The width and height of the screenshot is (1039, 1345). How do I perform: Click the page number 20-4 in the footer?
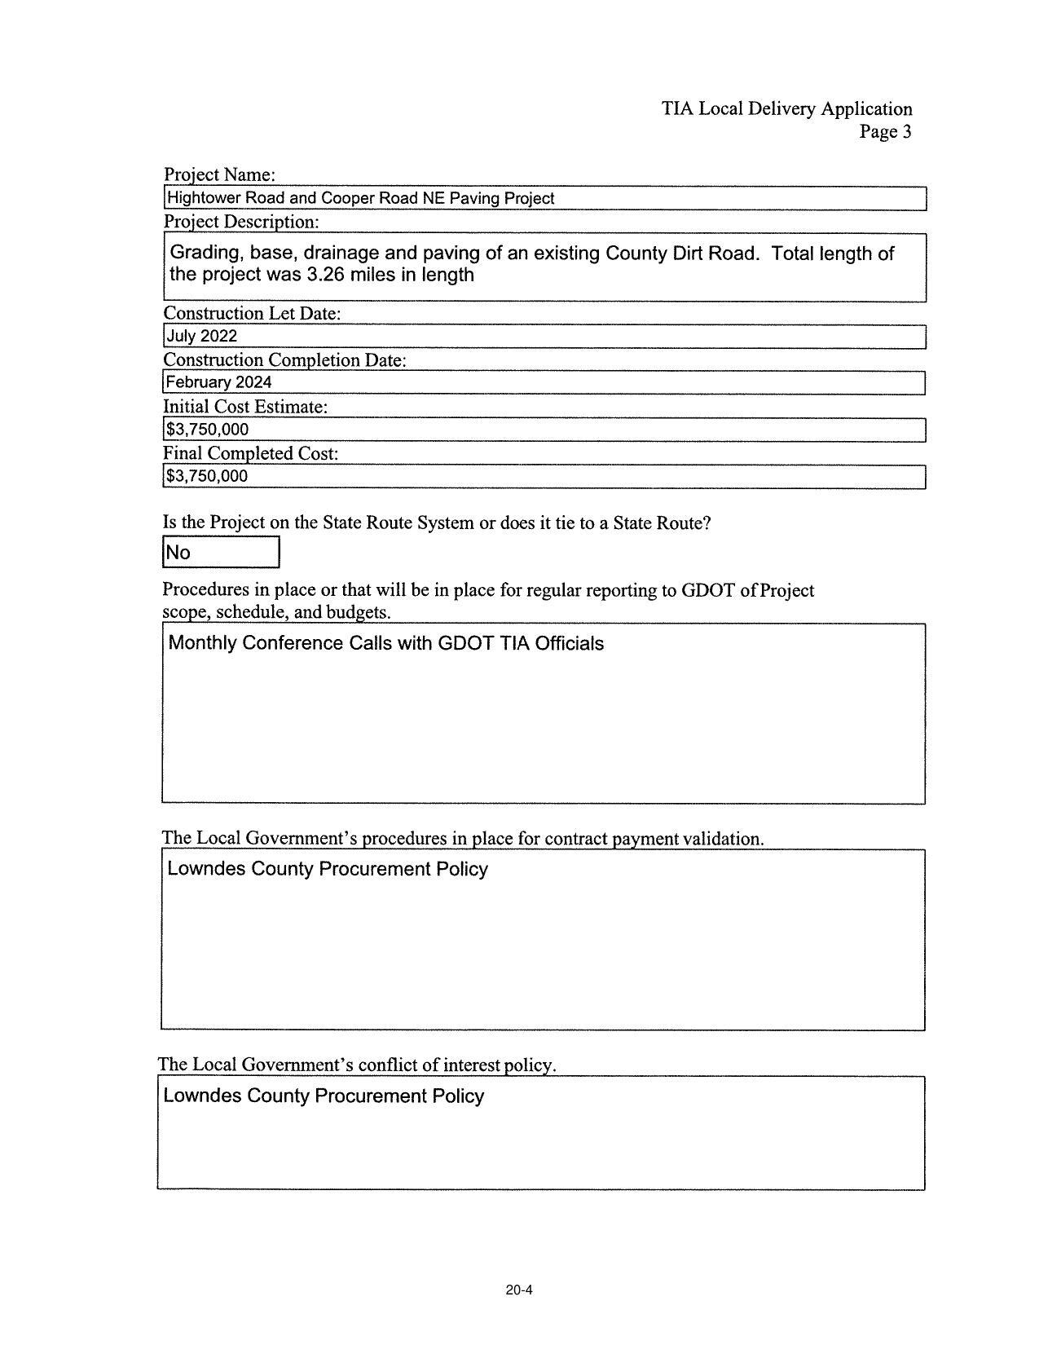518,1290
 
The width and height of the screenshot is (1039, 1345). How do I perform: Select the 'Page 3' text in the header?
885,131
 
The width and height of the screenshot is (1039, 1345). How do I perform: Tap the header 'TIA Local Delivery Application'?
786,108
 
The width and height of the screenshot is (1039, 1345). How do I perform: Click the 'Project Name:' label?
219,174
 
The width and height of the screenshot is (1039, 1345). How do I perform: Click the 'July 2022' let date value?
201,336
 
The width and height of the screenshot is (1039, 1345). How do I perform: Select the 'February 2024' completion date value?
218,382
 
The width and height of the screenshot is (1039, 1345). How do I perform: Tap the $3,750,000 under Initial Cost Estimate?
207,430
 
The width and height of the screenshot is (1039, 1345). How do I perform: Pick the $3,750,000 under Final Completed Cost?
207,476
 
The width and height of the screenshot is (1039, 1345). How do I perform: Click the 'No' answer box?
220,553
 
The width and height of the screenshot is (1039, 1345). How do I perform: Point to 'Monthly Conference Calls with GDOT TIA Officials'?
386,643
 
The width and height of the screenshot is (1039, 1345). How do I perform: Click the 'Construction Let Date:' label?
252,314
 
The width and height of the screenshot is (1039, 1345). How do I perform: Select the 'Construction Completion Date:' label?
284,360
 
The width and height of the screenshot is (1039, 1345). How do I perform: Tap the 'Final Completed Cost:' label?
250,453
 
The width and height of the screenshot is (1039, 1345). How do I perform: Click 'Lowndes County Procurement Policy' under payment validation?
328,869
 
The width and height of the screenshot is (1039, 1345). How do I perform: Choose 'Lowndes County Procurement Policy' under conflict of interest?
324,1096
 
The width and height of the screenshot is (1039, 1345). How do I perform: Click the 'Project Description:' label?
241,222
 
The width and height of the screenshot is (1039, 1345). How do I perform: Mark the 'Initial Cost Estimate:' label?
245,407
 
